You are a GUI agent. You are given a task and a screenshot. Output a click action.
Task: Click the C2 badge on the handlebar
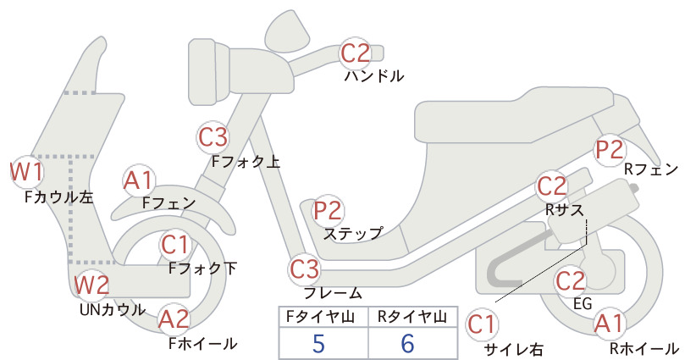click(355, 53)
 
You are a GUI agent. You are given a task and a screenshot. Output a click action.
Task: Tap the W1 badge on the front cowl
click(26, 172)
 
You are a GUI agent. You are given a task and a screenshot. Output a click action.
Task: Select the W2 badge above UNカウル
click(91, 285)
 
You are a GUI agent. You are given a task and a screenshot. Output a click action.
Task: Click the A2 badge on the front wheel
click(174, 319)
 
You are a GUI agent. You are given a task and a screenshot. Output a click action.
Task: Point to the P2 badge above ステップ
click(328, 211)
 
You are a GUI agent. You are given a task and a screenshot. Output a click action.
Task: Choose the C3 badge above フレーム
click(304, 269)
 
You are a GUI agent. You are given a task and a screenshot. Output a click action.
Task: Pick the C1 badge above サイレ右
click(482, 324)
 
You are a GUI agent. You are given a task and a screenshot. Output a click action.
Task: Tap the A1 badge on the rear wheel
click(610, 324)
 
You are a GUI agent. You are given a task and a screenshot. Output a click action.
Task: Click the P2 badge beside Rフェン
click(610, 150)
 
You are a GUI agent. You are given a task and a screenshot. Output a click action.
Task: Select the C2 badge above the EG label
click(571, 281)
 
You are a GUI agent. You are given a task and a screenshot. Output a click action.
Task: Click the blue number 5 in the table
click(318, 344)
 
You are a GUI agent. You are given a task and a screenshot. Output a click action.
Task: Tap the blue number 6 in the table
click(407, 344)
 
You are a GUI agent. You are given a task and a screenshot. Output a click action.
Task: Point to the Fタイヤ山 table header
click(320, 317)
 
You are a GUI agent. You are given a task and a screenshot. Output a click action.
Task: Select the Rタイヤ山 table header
click(412, 317)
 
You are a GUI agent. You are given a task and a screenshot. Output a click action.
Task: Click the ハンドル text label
click(374, 76)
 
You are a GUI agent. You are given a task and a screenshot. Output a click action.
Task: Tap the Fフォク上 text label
click(246, 162)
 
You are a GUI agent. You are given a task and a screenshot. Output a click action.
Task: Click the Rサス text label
click(564, 210)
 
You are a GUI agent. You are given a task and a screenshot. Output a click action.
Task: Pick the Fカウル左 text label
click(59, 197)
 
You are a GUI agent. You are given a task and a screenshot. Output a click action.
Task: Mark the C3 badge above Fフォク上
click(213, 137)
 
